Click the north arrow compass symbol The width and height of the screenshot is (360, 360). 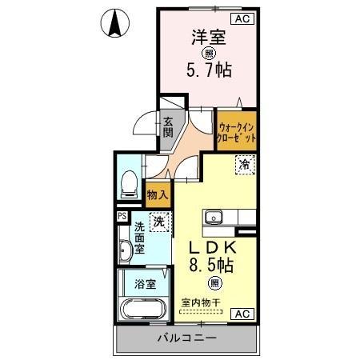coord(116,24)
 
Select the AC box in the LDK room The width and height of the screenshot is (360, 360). coord(241,313)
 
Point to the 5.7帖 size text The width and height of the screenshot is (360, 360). coord(210,70)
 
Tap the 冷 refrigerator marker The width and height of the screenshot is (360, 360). coord(242,166)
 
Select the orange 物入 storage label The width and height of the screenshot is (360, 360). coord(158,194)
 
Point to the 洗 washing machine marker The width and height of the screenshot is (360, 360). coord(159,222)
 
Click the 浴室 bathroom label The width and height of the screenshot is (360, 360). coord(146,284)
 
